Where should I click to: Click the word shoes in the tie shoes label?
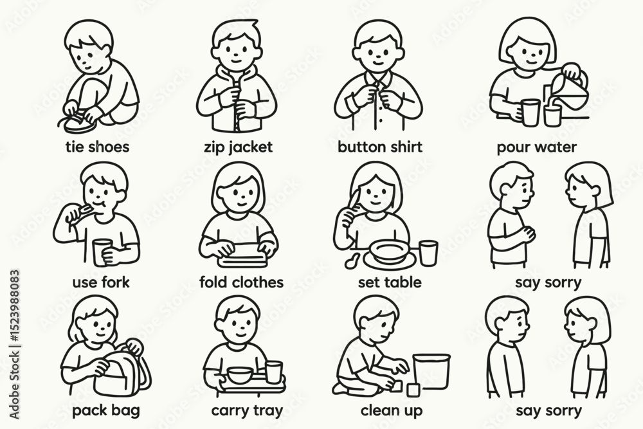point(109,147)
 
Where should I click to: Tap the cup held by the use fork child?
point(102,253)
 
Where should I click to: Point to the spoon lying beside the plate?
point(352,261)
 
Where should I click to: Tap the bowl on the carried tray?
point(240,375)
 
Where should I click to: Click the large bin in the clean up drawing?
point(431,371)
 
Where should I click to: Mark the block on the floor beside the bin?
point(413,390)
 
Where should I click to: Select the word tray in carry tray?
point(267,410)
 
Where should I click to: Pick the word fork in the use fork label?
point(115,282)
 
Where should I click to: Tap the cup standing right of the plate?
point(428,252)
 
